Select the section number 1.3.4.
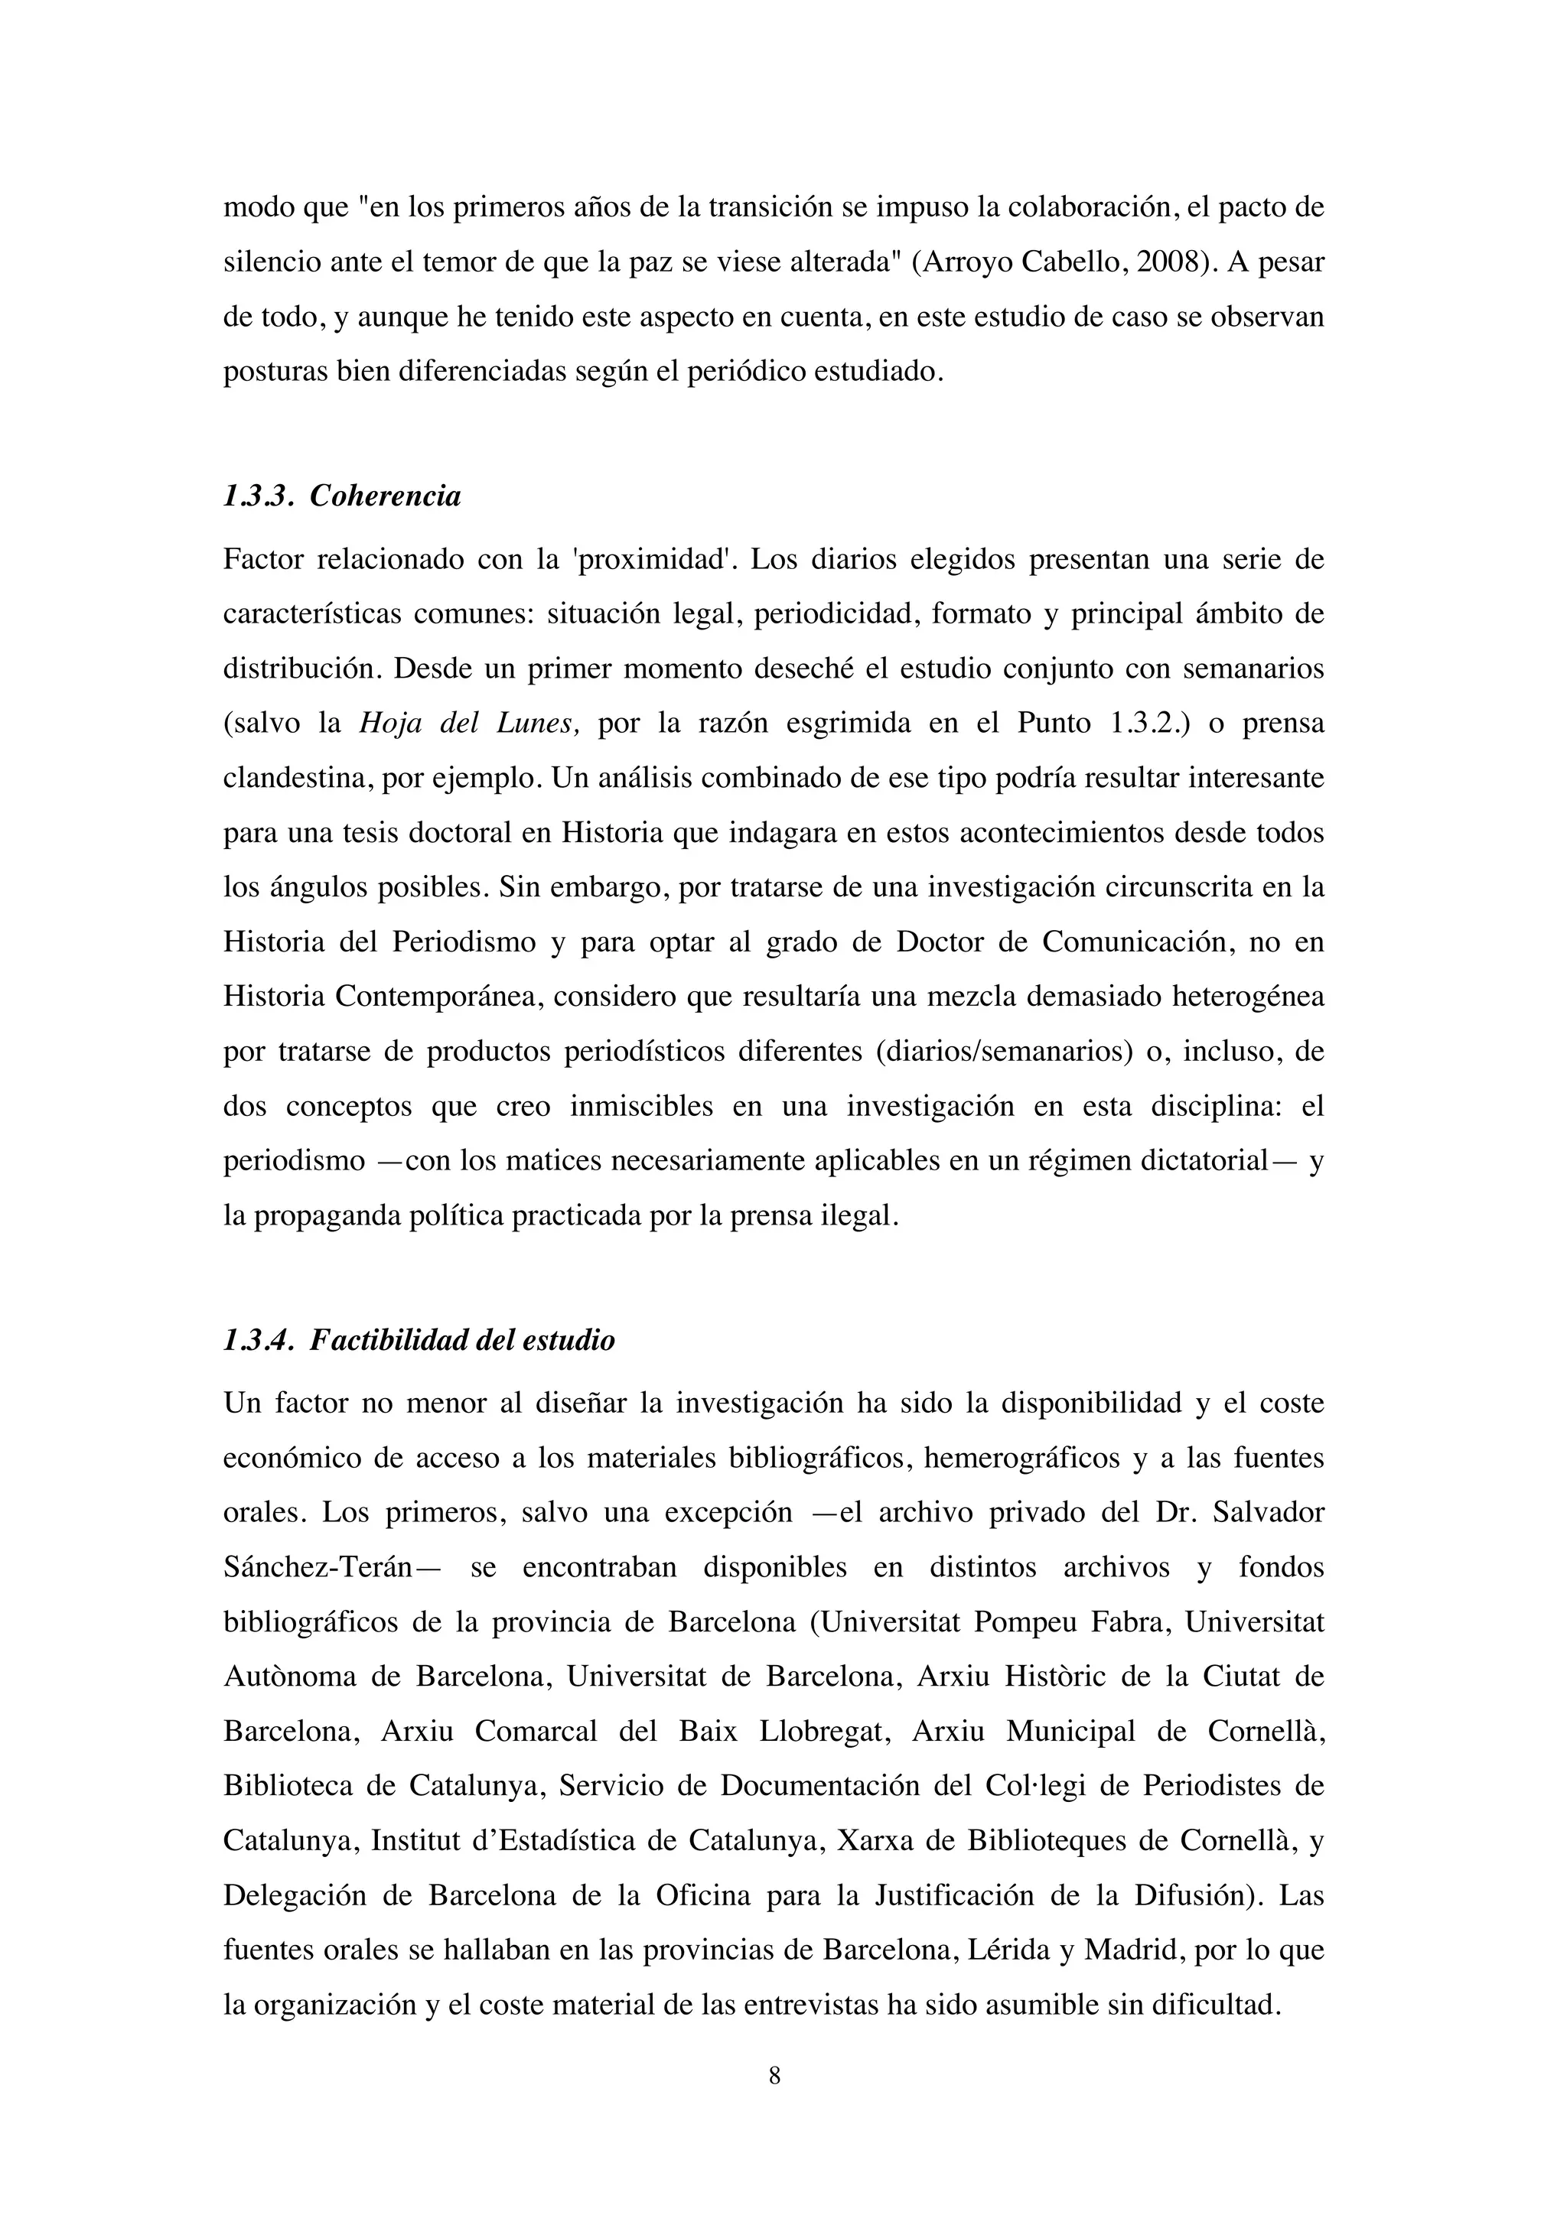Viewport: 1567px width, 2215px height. point(256,1341)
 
